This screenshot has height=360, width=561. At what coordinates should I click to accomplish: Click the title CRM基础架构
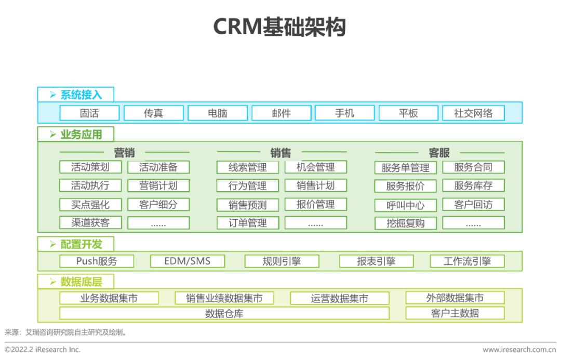pyautogui.click(x=279, y=26)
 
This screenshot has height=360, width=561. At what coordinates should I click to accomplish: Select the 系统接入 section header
pyautogui.click(x=76, y=95)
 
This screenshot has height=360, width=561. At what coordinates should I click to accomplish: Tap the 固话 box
pyautogui.click(x=89, y=113)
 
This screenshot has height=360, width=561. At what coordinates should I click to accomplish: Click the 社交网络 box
pyautogui.click(x=473, y=113)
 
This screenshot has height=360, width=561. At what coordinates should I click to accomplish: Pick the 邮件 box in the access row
pyautogui.click(x=281, y=113)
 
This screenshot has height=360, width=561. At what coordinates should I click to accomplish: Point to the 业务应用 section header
pyautogui.click(x=76, y=134)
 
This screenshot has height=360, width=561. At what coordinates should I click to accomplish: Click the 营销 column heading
pyautogui.click(x=124, y=153)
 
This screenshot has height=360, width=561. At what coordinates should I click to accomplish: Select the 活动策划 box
pyautogui.click(x=90, y=167)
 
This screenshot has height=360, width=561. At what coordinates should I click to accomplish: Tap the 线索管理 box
pyautogui.click(x=248, y=167)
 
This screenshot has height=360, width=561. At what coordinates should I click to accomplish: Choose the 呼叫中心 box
pyautogui.click(x=405, y=205)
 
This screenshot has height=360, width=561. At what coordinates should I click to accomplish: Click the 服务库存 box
pyautogui.click(x=473, y=185)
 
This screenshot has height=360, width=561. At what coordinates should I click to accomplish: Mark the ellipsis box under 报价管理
pyautogui.click(x=316, y=222)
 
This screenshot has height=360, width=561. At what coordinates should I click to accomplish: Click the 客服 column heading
pyautogui.click(x=439, y=153)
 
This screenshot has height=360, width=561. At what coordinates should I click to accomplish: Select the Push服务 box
pyautogui.click(x=97, y=261)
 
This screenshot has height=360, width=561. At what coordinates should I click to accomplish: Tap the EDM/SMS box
pyautogui.click(x=188, y=261)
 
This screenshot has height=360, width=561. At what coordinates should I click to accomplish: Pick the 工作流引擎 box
pyautogui.click(x=468, y=261)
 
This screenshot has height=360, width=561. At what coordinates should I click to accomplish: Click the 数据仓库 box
pyautogui.click(x=224, y=313)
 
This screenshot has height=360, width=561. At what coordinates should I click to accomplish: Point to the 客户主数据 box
pyautogui.click(x=455, y=313)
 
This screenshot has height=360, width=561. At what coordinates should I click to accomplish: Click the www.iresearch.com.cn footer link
pyautogui.click(x=519, y=350)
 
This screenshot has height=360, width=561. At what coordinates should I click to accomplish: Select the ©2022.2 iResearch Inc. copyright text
pyautogui.click(x=42, y=350)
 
